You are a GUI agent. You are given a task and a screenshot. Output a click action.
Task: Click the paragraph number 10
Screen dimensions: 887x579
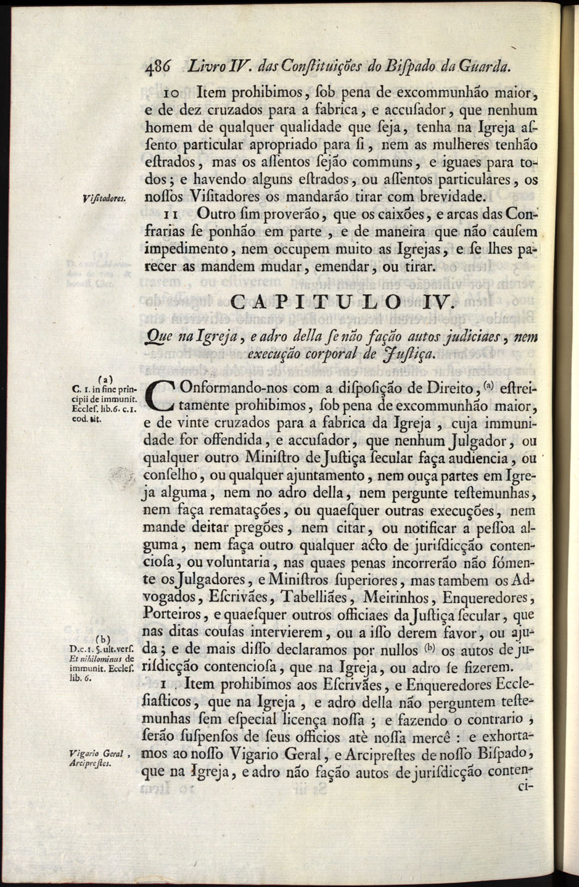click(171, 94)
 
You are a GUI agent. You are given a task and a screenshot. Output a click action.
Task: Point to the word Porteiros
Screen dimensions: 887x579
click(170, 615)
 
